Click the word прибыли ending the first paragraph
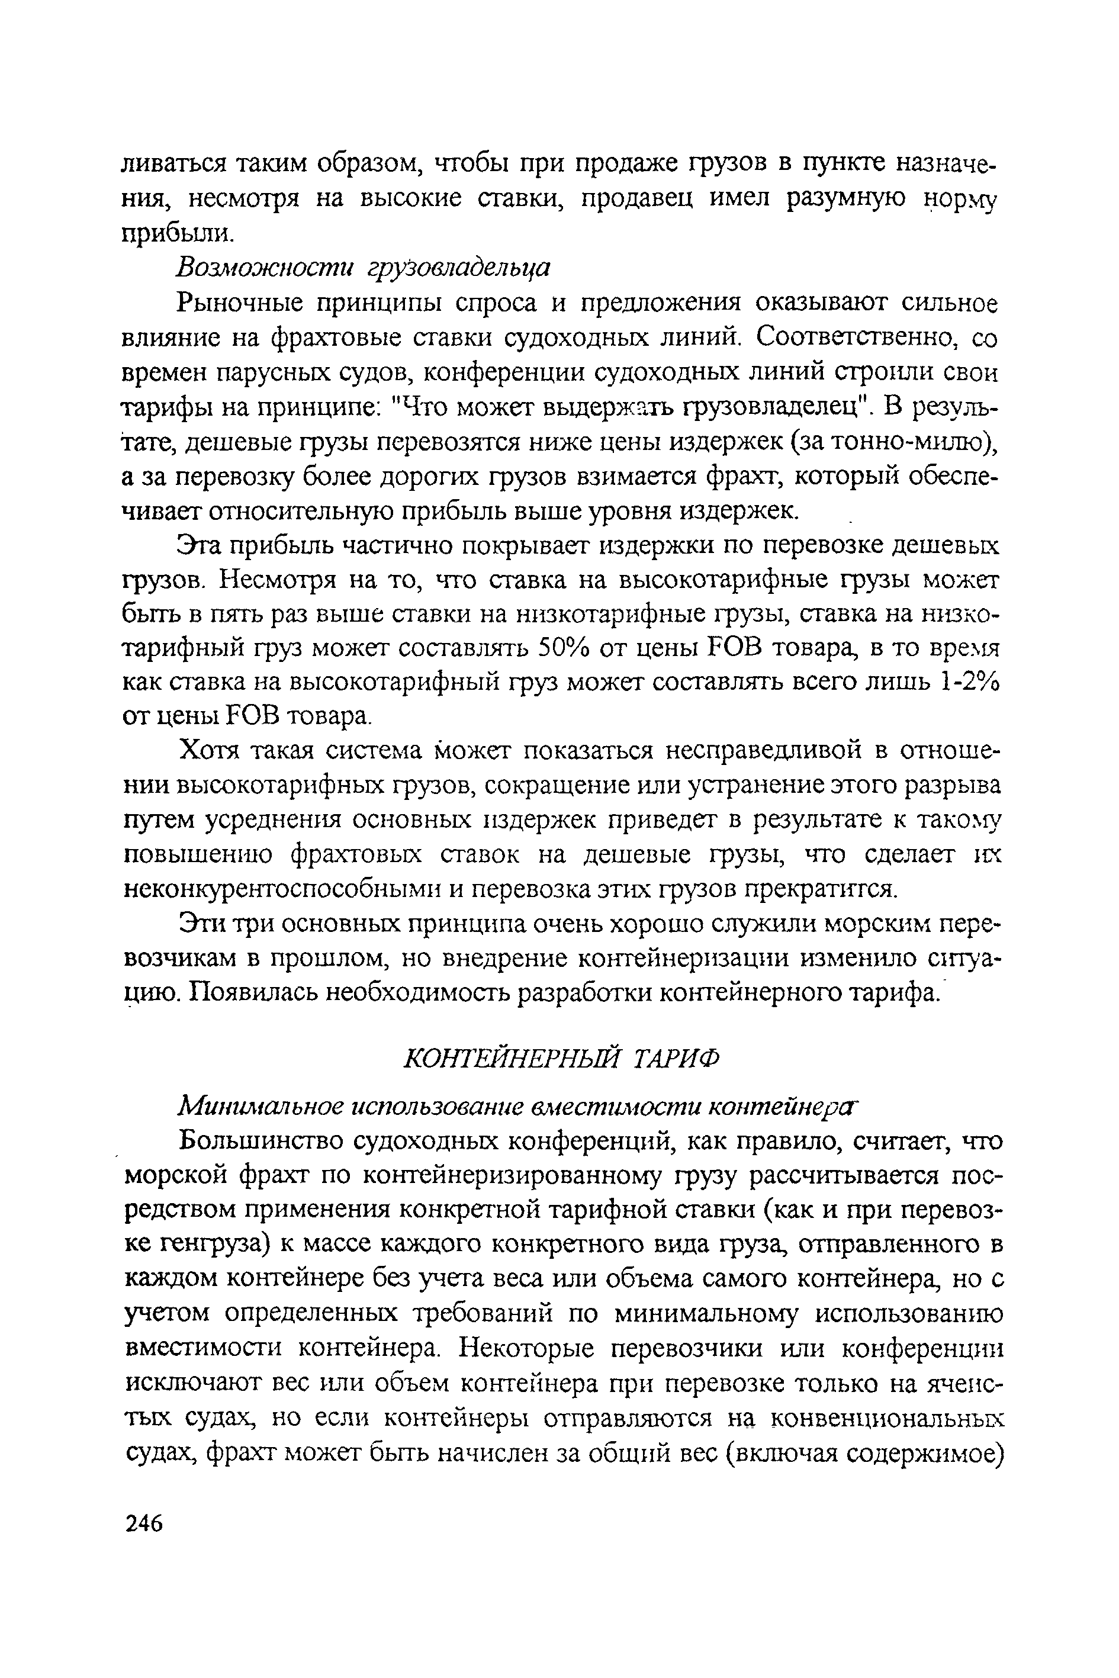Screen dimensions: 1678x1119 [x=175, y=233]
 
